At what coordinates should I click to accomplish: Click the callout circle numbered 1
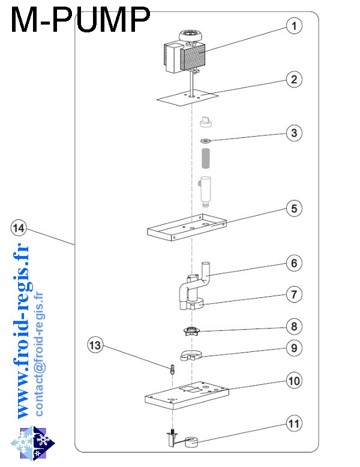point(293,26)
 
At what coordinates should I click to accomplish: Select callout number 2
point(293,79)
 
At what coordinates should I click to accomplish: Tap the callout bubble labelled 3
point(293,132)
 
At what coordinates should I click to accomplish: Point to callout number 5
point(293,209)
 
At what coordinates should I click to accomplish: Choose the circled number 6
point(293,263)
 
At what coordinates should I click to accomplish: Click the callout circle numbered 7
point(293,294)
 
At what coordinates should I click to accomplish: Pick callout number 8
point(293,327)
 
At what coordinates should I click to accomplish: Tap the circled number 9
point(293,347)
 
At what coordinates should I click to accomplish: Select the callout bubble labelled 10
point(293,380)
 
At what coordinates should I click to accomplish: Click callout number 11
point(293,424)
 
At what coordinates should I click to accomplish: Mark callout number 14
point(19,228)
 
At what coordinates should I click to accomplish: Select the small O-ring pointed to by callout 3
point(205,141)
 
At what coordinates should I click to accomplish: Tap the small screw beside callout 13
point(172,369)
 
